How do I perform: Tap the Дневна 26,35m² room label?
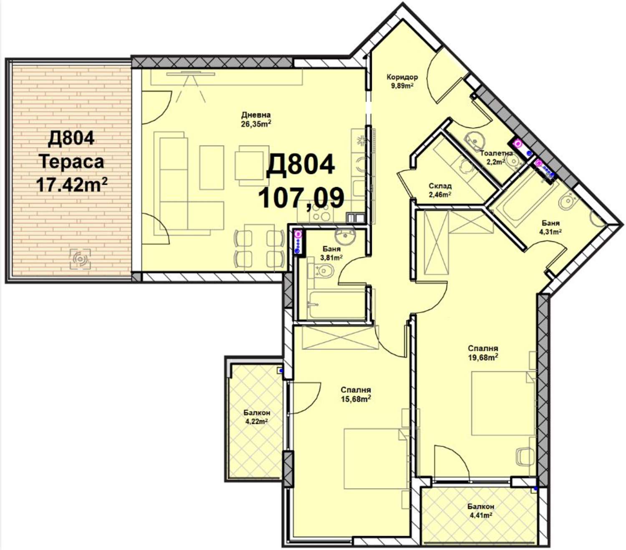coord(256,119)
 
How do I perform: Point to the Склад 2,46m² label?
coord(440,190)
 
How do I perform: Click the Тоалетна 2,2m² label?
coord(496,157)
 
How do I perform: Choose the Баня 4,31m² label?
coord(550,227)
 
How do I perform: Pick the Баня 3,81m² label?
coord(331,253)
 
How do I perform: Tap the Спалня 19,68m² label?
coord(483,353)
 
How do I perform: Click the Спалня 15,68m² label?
coord(356,394)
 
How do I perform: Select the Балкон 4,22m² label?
coord(257,417)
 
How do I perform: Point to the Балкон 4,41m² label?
coord(480,510)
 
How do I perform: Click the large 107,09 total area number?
coord(300,198)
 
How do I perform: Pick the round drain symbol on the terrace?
coord(80,259)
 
